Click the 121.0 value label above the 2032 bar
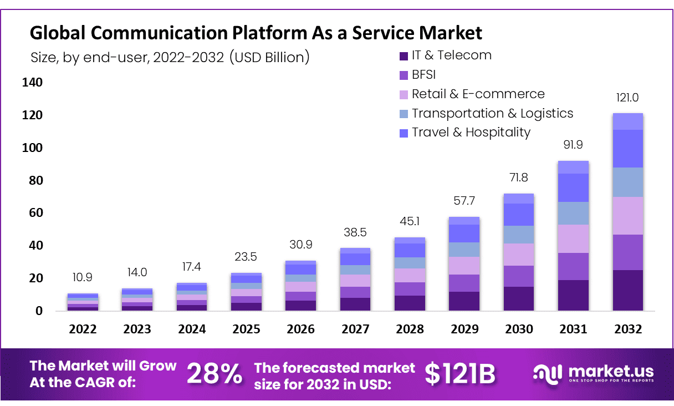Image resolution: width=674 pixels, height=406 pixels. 627,98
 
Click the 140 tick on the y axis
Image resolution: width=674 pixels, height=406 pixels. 32,83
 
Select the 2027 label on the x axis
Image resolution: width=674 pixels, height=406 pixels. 355,329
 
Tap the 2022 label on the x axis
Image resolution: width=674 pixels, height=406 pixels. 83,329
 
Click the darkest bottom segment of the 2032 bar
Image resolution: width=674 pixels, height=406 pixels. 627,290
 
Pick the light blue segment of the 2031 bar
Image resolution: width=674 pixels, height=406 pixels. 573,213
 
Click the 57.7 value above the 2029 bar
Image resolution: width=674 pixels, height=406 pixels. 464,200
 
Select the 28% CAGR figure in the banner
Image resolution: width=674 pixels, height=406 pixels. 215,374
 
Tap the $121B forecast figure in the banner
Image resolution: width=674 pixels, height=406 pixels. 460,374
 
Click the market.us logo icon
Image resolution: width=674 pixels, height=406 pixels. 547,373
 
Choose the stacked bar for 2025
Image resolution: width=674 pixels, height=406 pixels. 247,292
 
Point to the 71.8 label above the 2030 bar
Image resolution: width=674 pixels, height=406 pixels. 519,178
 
